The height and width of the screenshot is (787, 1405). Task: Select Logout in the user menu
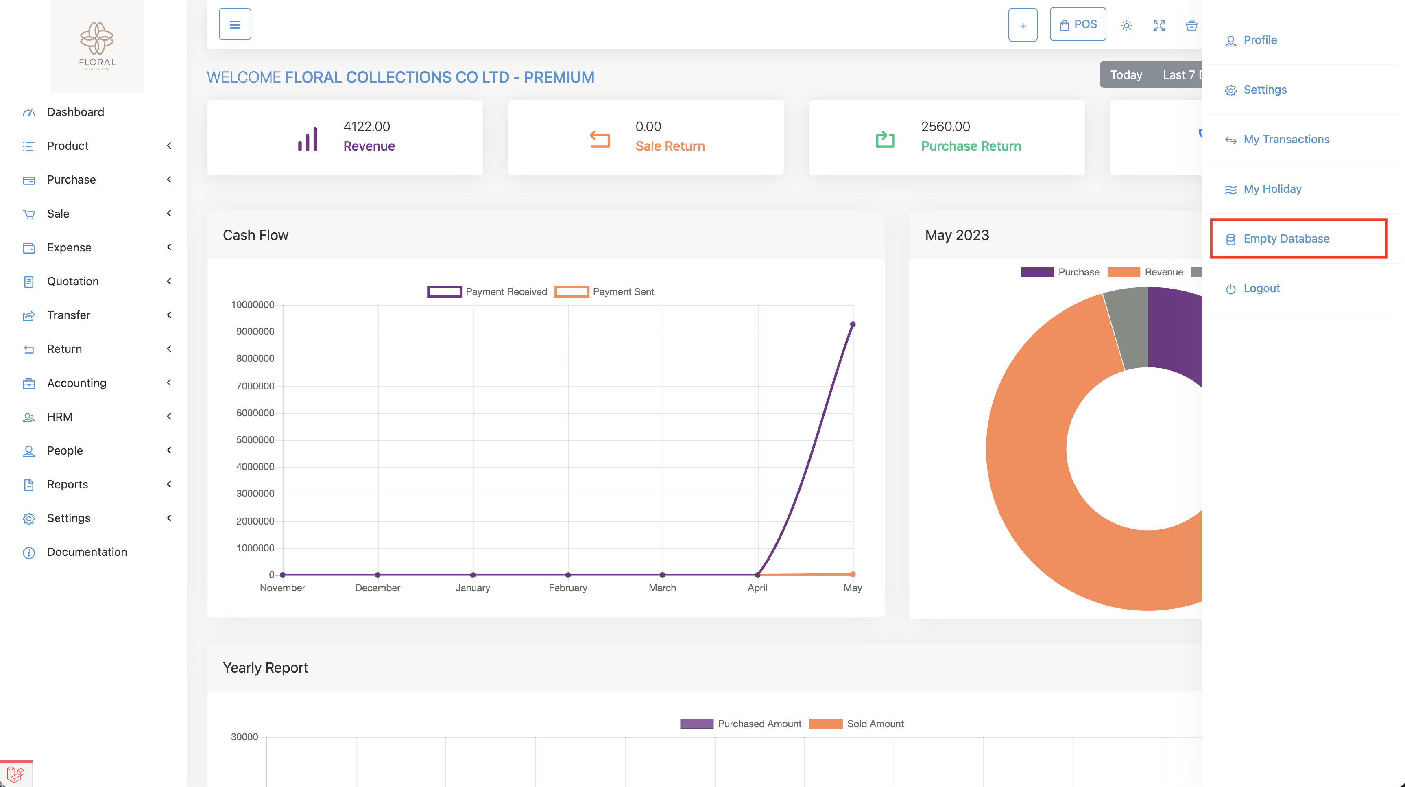click(x=1261, y=288)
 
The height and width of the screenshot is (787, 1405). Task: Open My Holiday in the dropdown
click(x=1272, y=189)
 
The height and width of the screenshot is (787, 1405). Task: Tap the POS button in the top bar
click(x=1077, y=24)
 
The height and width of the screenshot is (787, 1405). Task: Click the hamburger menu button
click(x=235, y=24)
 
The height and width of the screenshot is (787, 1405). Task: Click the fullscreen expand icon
click(x=1159, y=26)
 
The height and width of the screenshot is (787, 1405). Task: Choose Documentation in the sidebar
click(x=87, y=552)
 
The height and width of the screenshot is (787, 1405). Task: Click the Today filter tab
click(x=1126, y=75)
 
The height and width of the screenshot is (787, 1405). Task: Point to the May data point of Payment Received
click(x=853, y=325)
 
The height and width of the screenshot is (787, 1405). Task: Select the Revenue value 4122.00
click(x=367, y=127)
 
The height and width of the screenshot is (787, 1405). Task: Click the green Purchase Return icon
click(x=885, y=139)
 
